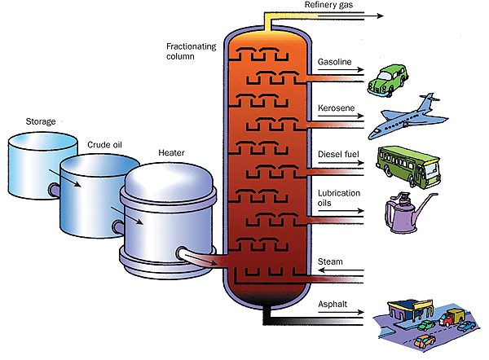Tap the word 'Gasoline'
click(333, 62)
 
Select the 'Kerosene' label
click(334, 107)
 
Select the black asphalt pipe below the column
click(310, 319)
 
